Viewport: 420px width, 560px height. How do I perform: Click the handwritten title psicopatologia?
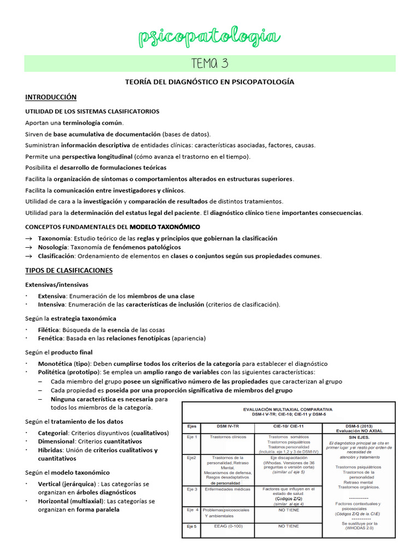tap(210, 37)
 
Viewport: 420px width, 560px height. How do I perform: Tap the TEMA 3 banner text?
tap(210, 63)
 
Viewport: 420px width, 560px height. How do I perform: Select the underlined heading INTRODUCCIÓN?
tap(51, 97)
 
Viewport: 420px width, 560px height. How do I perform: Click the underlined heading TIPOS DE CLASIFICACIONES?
tap(69, 270)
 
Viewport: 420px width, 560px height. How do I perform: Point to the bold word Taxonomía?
tap(54, 238)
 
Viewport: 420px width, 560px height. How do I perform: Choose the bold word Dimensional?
tap(56, 441)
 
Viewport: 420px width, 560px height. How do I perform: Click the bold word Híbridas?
tap(50, 450)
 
